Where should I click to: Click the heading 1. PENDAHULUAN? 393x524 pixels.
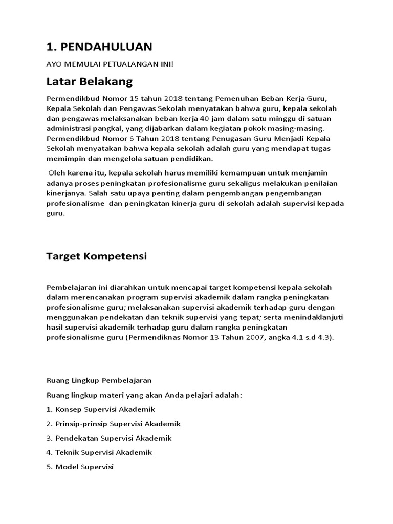pyautogui.click(x=99, y=47)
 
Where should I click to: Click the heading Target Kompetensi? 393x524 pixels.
pyautogui.click(x=96, y=256)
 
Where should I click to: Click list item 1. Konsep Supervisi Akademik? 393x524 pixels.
pyautogui.click(x=100, y=409)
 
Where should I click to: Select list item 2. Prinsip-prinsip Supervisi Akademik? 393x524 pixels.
pyautogui.click(x=113, y=424)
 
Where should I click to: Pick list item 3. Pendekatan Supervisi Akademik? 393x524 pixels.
pyautogui.click(x=108, y=438)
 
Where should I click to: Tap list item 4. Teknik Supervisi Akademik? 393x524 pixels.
pyautogui.click(x=99, y=452)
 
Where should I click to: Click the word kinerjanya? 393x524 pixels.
pyautogui.click(x=65, y=194)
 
